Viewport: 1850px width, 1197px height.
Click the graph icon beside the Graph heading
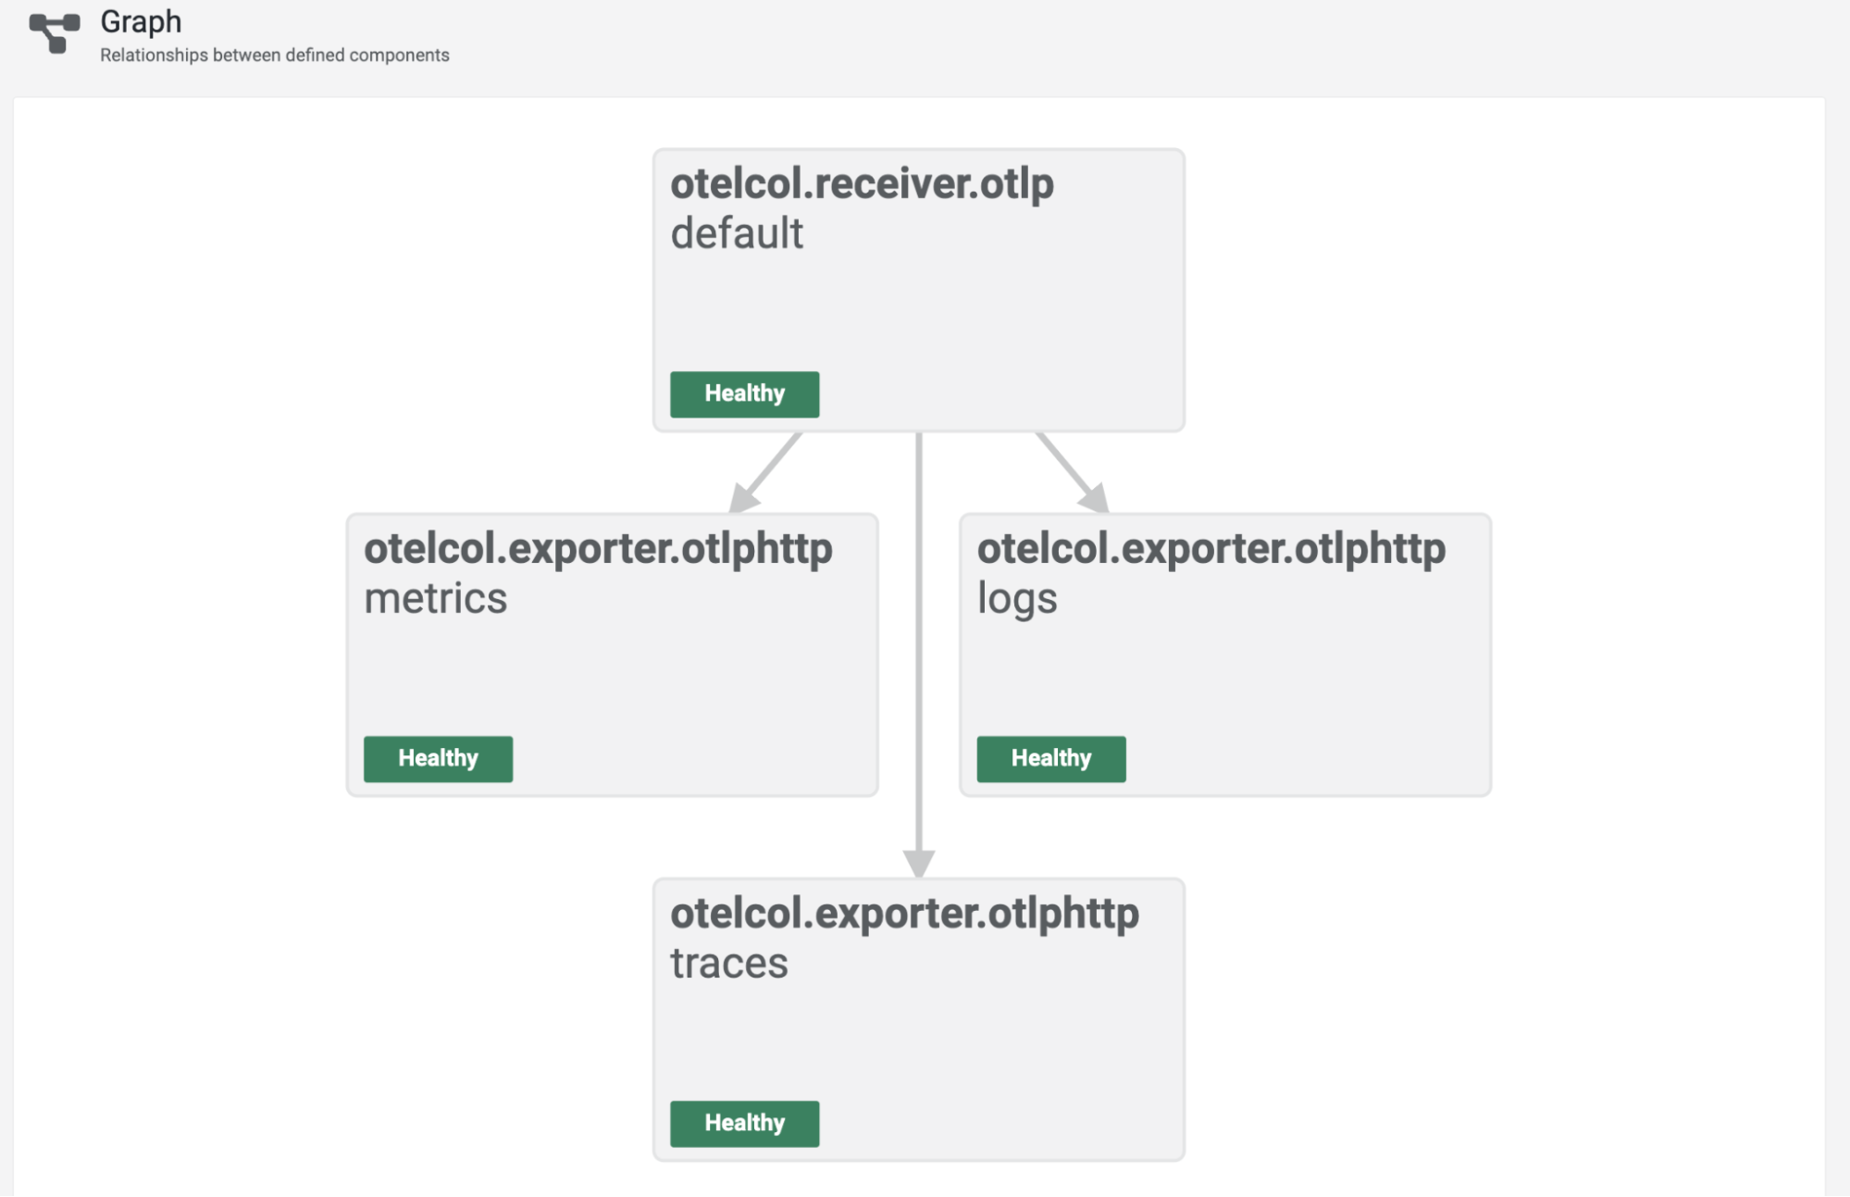[54, 32]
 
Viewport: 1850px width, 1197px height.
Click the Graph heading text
[141, 21]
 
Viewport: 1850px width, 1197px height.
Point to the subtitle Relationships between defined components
[274, 56]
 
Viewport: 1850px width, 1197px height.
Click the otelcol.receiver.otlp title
[862, 183]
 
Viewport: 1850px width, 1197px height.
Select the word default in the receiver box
[737, 233]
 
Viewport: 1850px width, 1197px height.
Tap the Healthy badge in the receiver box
[744, 394]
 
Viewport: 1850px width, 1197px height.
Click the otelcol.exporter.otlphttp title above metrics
[598, 548]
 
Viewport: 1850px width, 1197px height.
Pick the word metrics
[435, 598]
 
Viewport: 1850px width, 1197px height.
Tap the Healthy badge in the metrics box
[438, 759]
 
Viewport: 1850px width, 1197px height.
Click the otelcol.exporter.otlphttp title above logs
[1211, 548]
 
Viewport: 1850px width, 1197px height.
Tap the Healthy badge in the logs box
[1051, 759]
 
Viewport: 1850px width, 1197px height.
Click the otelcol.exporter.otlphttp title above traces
[904, 913]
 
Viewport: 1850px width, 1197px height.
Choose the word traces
[729, 963]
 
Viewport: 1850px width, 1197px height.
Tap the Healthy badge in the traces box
[744, 1124]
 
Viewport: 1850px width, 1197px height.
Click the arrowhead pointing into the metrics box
[742, 498]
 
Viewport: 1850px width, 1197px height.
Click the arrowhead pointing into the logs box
[1095, 498]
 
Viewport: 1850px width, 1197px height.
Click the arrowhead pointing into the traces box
[918, 863]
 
